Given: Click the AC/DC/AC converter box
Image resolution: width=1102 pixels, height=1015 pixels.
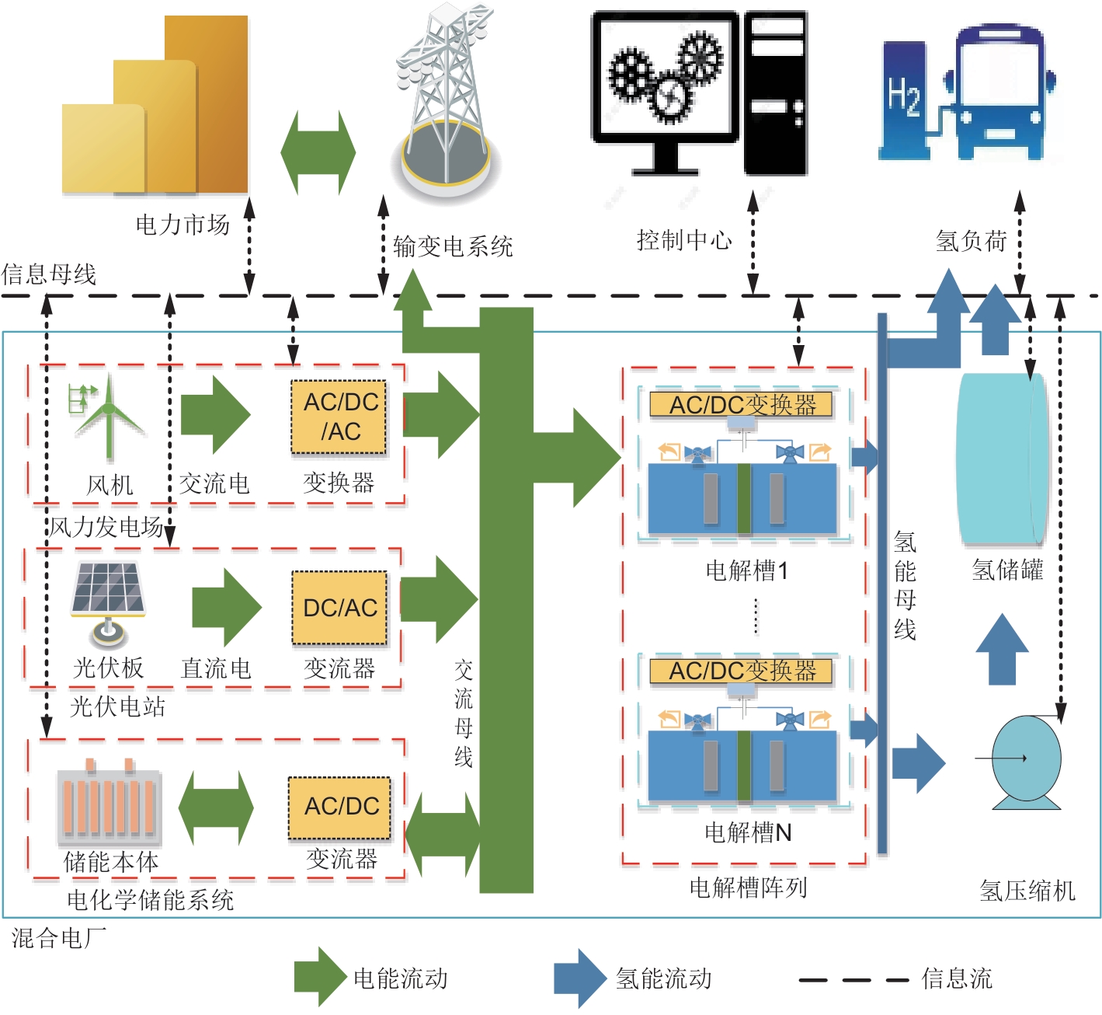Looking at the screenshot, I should click(339, 417).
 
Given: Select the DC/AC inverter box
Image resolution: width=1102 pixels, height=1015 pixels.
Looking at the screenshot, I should click(339, 608).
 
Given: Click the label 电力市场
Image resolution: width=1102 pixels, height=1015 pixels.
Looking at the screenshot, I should click(183, 225).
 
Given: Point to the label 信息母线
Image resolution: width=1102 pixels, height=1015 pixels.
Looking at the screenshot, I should click(49, 274).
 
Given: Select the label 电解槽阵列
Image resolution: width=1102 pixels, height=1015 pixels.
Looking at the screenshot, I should click(748, 888).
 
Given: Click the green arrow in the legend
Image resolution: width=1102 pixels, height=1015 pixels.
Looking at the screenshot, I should click(319, 977).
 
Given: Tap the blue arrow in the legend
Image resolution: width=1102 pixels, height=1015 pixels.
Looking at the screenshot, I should click(579, 978).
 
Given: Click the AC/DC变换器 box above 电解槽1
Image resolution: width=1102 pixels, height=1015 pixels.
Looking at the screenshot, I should click(741, 404).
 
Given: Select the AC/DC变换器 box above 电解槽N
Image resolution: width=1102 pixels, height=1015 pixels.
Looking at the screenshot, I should click(741, 671).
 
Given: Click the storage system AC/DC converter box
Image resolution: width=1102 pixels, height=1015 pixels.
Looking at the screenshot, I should click(339, 807).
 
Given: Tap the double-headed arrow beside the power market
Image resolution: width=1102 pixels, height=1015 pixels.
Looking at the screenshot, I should click(318, 152).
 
